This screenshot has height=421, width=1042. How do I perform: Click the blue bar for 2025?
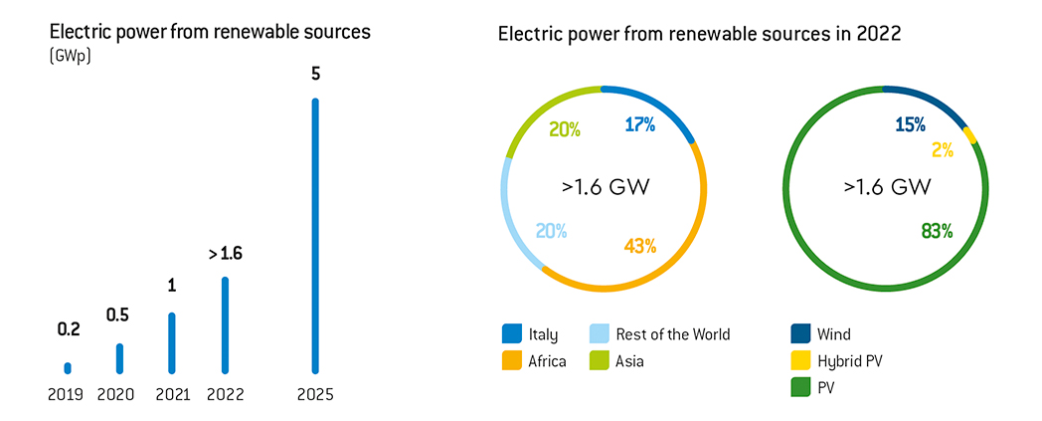[x=316, y=235]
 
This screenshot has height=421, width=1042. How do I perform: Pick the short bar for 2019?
[x=68, y=367]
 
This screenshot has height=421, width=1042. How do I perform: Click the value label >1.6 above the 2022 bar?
[x=225, y=254]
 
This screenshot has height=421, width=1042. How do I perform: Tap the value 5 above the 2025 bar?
[x=316, y=74]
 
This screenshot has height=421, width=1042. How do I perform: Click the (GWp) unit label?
[x=67, y=56]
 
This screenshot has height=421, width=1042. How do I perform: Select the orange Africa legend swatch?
[x=512, y=360]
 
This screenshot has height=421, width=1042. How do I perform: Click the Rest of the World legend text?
[x=673, y=334]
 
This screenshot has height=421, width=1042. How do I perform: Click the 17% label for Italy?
[x=639, y=125]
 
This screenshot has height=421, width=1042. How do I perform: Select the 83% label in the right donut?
[x=937, y=231]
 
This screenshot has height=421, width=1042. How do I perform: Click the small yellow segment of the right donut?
[x=970, y=135]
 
